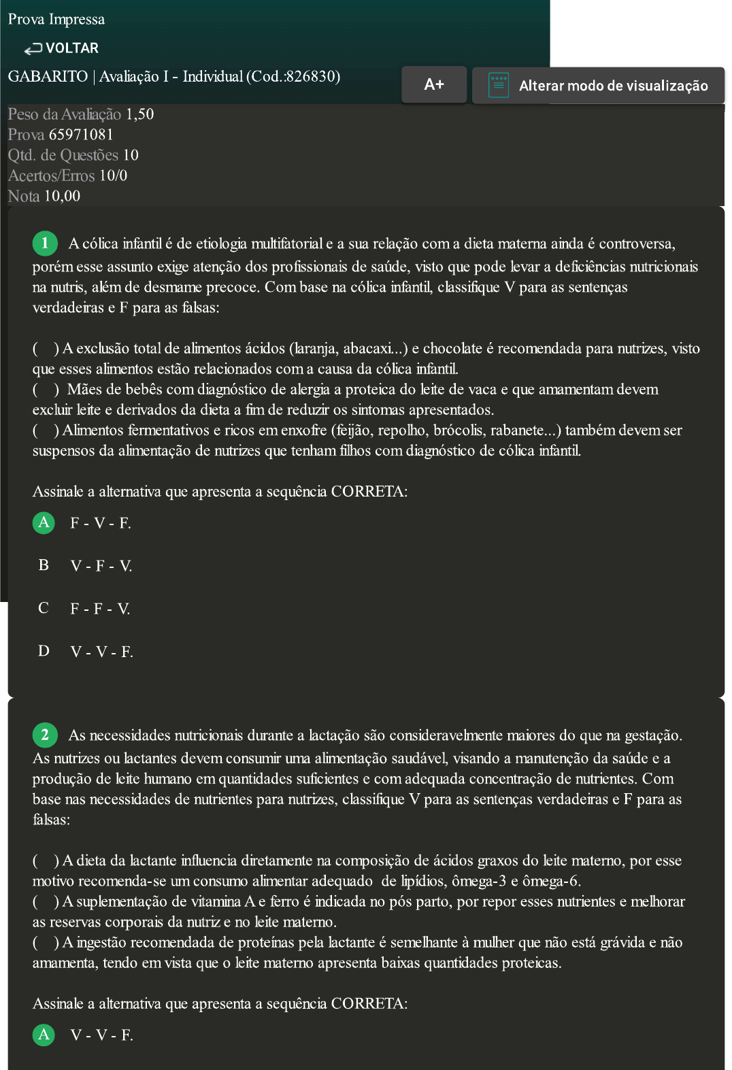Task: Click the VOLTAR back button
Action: click(62, 48)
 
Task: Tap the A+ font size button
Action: click(434, 84)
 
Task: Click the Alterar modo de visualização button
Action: click(598, 86)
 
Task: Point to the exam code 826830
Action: click(311, 76)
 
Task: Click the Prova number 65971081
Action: click(81, 135)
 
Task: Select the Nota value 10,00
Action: click(62, 197)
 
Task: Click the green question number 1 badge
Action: click(45, 243)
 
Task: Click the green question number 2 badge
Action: click(45, 735)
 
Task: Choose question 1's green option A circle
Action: click(44, 522)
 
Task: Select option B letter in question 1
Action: click(44, 565)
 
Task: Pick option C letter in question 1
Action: click(44, 608)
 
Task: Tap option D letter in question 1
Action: click(44, 651)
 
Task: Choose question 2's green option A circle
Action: click(44, 1035)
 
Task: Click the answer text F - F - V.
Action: click(100, 609)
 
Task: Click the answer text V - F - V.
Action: click(101, 566)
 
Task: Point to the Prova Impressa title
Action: click(56, 19)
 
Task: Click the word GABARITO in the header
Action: click(48, 76)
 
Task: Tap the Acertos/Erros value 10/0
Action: click(113, 176)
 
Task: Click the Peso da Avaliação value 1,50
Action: click(139, 114)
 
